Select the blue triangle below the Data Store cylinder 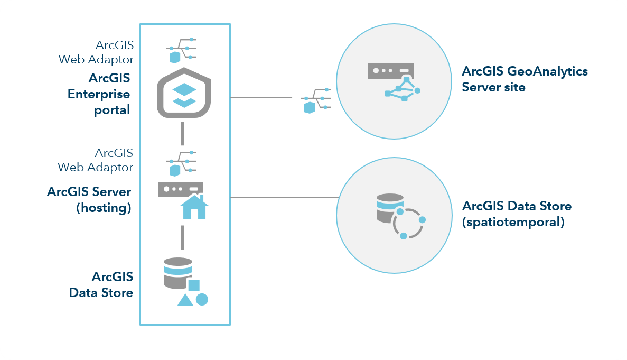tap(185, 300)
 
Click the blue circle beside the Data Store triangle tap(202, 299)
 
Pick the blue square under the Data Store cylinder tap(194, 285)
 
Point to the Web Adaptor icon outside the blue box tap(315, 100)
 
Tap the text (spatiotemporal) tap(513, 222)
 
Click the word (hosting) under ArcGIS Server tap(104, 208)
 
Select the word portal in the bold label tap(112, 110)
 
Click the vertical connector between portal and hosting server tap(182, 133)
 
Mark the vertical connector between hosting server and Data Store tap(182, 237)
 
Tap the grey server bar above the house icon tap(181, 189)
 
